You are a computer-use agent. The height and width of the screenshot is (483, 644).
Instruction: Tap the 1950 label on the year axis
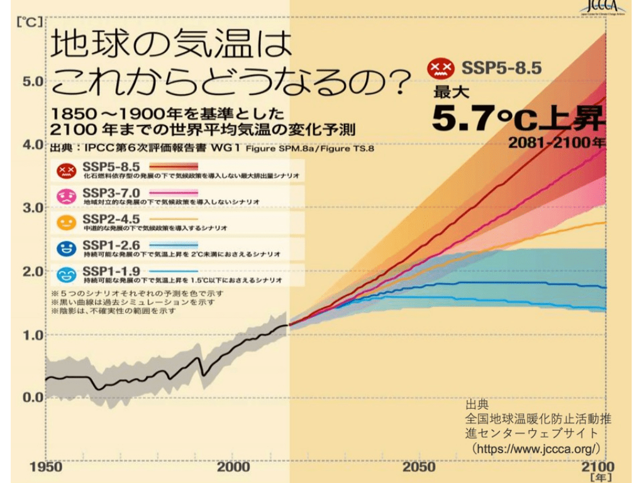coord(47,467)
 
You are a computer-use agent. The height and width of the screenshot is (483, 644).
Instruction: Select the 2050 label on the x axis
coord(419,467)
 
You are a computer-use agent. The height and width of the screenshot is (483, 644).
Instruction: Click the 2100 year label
coord(598,467)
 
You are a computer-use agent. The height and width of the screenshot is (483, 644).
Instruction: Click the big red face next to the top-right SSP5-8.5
coord(440,68)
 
